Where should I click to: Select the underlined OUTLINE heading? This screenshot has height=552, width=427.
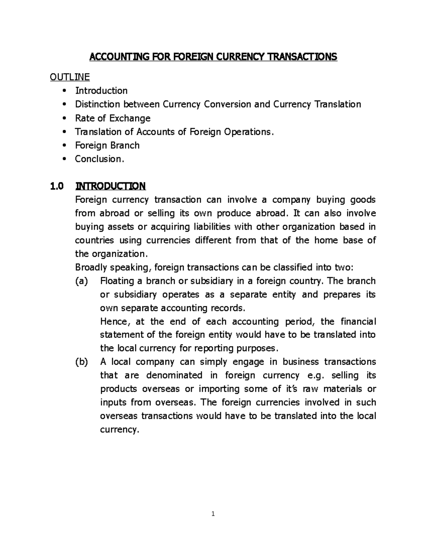pos(70,77)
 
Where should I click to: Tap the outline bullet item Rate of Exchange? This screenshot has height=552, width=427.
pos(112,118)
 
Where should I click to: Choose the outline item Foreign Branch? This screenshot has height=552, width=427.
pos(107,145)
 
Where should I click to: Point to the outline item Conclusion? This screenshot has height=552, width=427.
pos(100,159)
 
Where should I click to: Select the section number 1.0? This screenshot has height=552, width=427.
pos(56,186)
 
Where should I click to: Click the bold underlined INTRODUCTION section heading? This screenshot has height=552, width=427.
pos(110,186)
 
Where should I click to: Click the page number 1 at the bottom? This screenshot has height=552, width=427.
pos(213,514)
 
